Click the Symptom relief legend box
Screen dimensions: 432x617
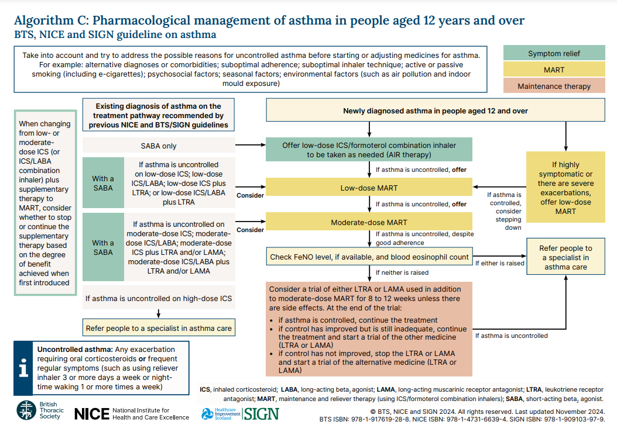point(554,53)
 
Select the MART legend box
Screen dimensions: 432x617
point(554,70)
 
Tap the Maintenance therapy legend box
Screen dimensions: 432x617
point(554,86)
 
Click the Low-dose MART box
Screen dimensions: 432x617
point(369,188)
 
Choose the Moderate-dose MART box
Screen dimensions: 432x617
point(369,222)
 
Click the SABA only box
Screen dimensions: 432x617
point(159,146)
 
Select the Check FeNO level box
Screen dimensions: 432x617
point(369,257)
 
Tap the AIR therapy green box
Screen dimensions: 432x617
point(369,150)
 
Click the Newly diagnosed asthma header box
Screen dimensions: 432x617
point(436,110)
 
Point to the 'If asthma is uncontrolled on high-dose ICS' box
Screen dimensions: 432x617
point(159,298)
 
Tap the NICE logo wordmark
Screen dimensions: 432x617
point(92,414)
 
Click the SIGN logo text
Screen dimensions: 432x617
point(261,414)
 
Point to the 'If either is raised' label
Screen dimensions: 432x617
point(499,263)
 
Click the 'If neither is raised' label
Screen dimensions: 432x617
point(402,272)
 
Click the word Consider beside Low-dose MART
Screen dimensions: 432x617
point(250,195)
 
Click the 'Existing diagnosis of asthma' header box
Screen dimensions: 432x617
point(159,115)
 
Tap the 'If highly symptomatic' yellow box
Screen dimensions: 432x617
point(565,187)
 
